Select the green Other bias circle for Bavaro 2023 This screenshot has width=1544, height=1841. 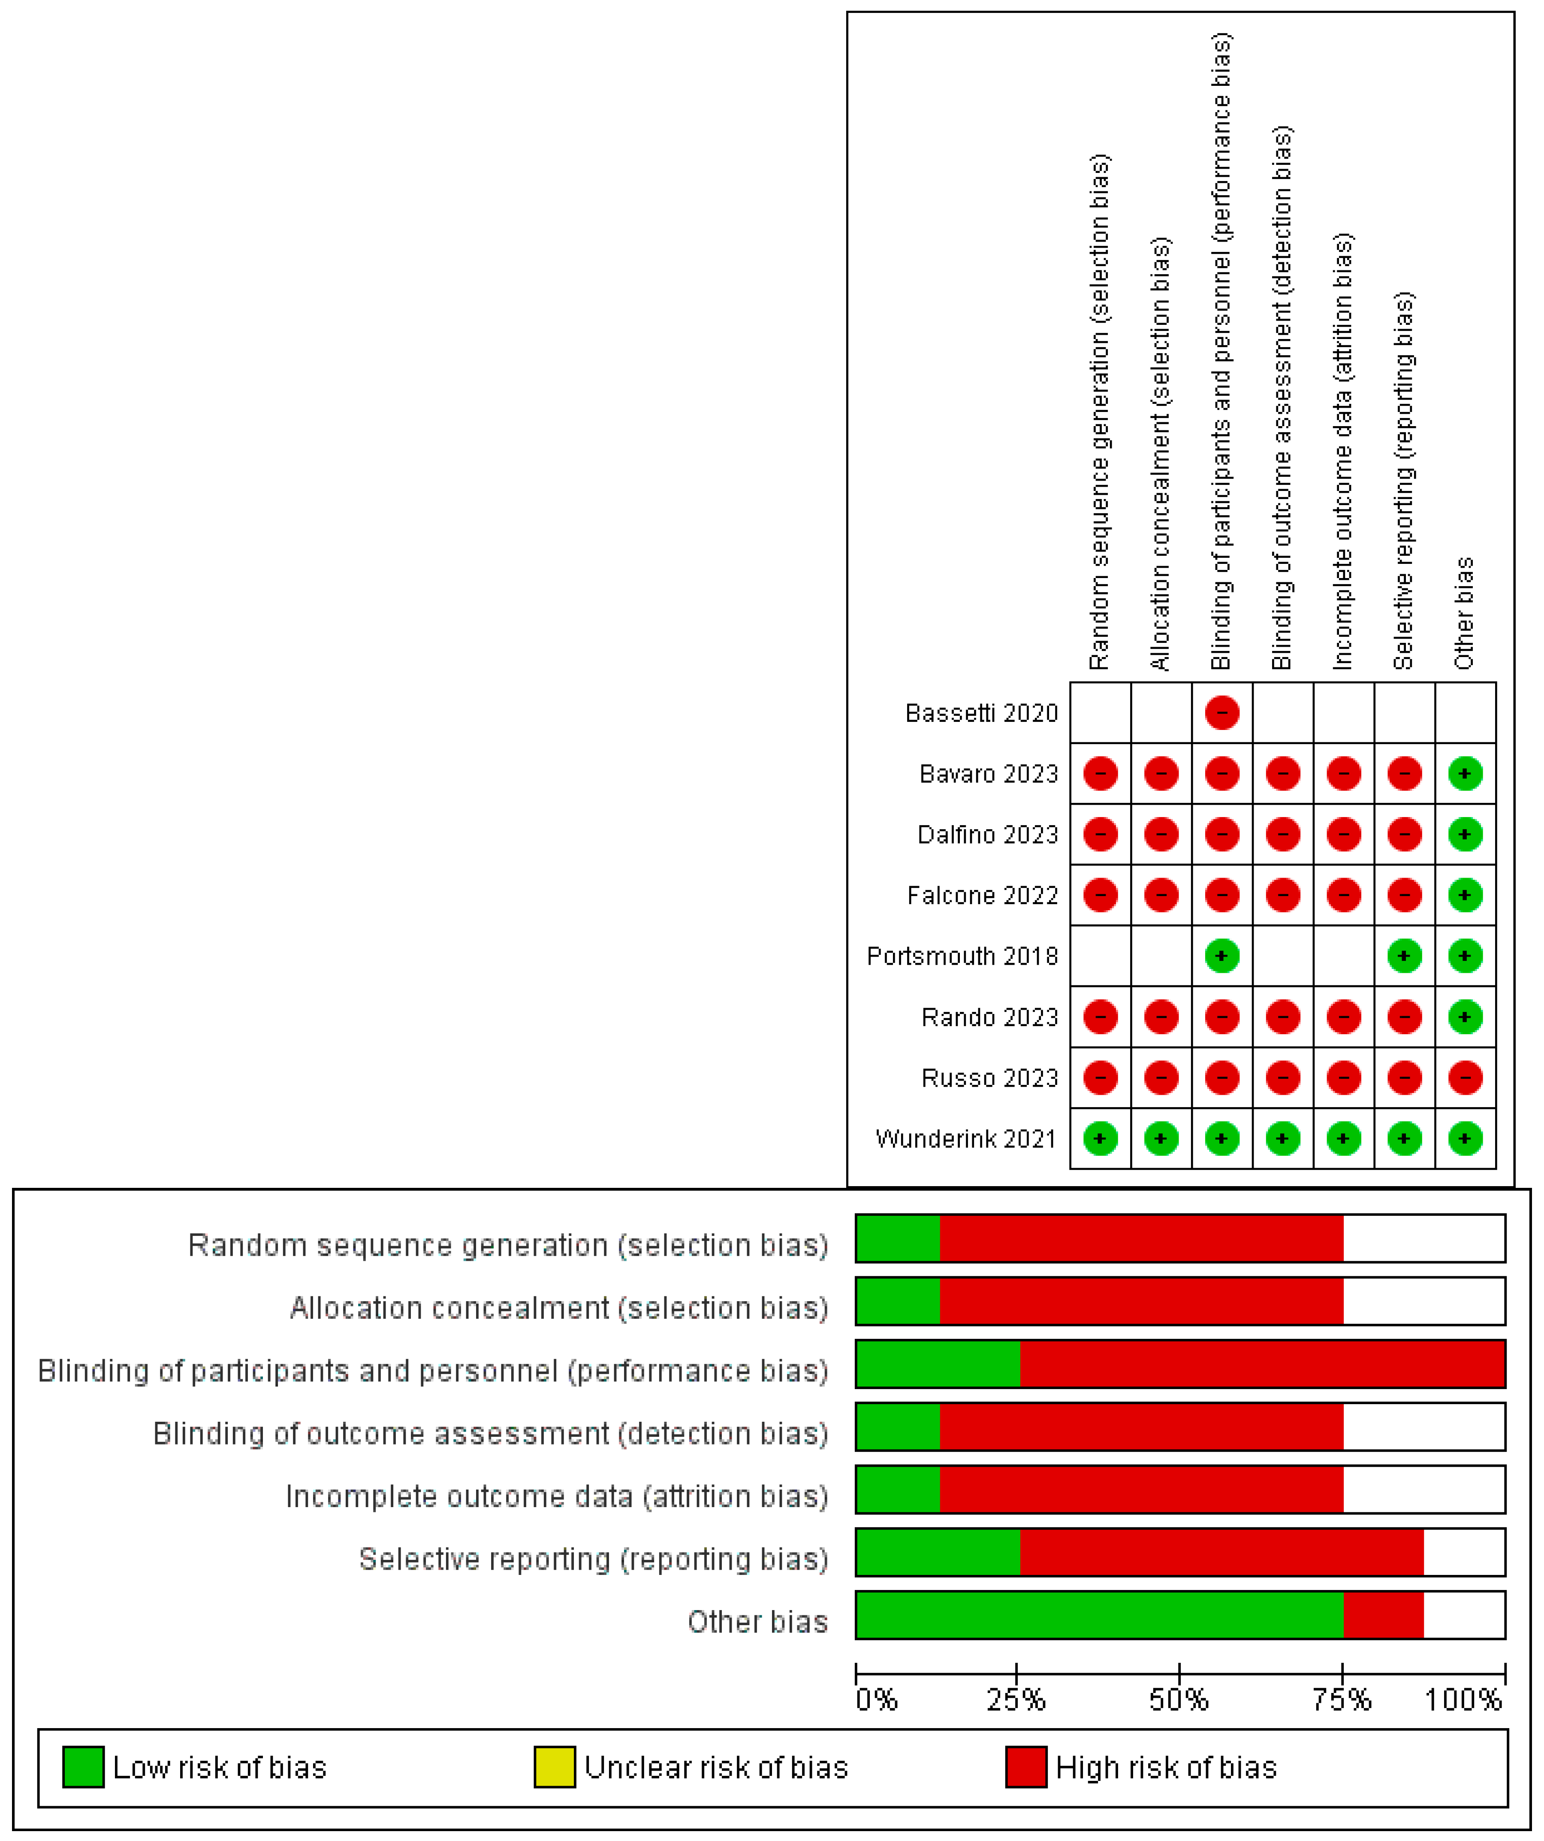1465,773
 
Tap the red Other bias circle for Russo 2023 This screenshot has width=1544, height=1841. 1465,1078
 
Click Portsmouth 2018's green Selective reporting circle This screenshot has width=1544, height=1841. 1404,956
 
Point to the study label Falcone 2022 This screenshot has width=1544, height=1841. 982,895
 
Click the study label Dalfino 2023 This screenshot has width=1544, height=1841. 988,835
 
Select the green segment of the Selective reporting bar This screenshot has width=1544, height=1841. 938,1552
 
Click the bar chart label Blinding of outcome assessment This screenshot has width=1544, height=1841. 491,1433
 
